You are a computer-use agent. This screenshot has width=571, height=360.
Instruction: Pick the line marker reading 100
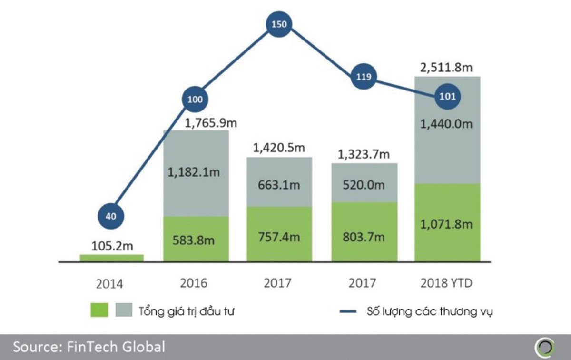click(x=195, y=100)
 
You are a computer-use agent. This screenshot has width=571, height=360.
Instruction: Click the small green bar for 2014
click(x=111, y=258)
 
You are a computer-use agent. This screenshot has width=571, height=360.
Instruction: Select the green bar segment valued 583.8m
click(x=196, y=239)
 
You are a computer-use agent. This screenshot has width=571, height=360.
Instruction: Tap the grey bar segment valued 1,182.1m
click(x=196, y=173)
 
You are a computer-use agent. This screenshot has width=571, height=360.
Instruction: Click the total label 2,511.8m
click(x=447, y=68)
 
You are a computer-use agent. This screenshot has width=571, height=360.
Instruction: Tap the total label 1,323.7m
click(x=364, y=154)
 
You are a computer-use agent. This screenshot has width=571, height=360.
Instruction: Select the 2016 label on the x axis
click(x=194, y=284)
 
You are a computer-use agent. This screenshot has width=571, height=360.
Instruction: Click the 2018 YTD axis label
click(x=447, y=284)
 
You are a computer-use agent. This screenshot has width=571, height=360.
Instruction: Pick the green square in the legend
click(x=99, y=310)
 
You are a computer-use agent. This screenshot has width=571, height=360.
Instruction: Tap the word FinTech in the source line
click(x=101, y=347)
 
